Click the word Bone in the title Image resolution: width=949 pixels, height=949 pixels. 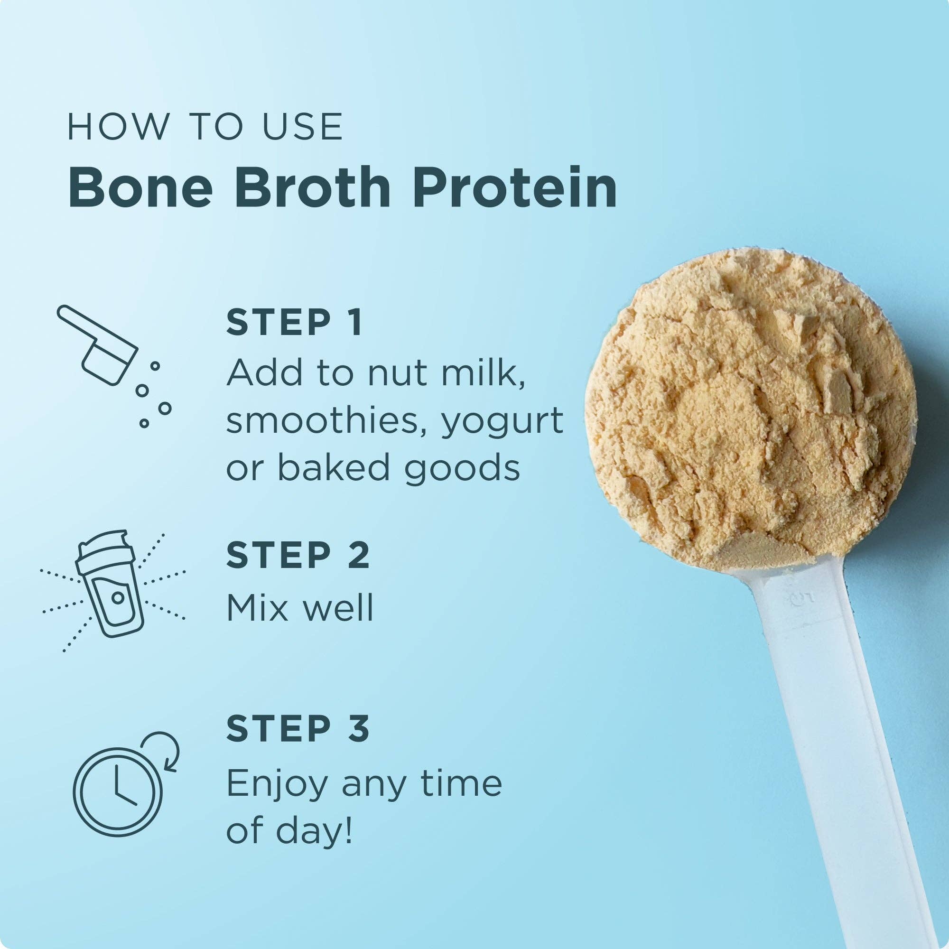coord(140,188)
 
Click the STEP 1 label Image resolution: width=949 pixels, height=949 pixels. coord(294,323)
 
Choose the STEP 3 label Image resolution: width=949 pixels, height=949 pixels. coord(297,728)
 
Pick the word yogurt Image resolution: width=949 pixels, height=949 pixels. coord(502,422)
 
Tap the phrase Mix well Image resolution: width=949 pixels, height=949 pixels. coord(299,608)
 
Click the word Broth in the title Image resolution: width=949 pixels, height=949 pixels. coord(312,188)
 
